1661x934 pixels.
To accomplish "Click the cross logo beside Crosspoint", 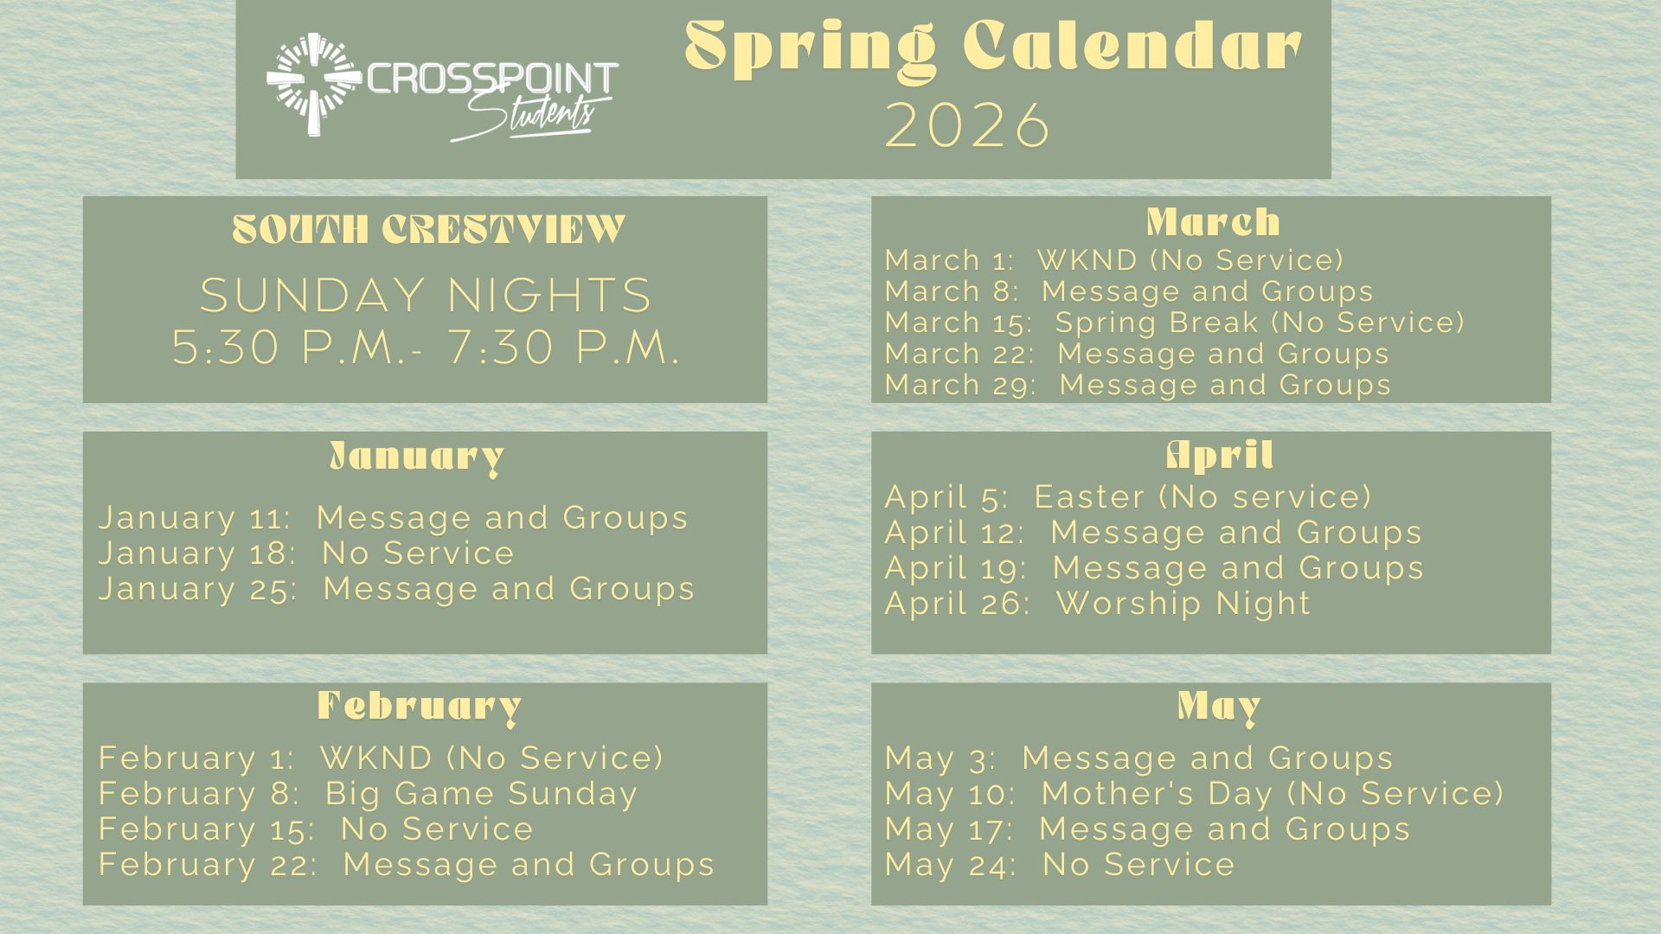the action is (x=313, y=84).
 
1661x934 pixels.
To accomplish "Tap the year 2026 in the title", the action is (x=968, y=126).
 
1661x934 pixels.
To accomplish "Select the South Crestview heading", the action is (x=428, y=229).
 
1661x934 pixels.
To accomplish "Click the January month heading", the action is (x=416, y=457).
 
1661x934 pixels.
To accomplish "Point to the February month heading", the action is (x=420, y=707).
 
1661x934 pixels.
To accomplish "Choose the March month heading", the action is (x=1213, y=222).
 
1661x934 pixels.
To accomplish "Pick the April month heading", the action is (x=1220, y=455).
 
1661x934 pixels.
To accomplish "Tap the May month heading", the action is (x=1219, y=707).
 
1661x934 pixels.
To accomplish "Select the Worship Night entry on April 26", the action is (x=1098, y=603).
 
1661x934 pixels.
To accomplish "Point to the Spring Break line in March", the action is (x=1175, y=323).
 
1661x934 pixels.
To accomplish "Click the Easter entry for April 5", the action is (x=1128, y=496).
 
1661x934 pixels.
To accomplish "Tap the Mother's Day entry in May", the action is (x=1195, y=793).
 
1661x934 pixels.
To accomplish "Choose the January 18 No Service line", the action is (x=306, y=553).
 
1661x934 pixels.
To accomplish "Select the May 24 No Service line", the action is (x=1060, y=864).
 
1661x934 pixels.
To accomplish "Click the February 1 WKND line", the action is (x=381, y=758).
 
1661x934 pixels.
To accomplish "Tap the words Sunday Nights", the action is (x=426, y=296).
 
